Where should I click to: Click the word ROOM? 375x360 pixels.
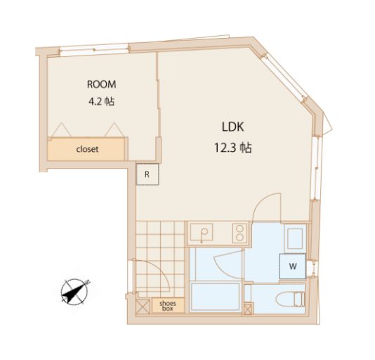pyautogui.click(x=101, y=84)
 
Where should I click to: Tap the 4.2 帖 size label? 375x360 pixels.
pyautogui.click(x=101, y=101)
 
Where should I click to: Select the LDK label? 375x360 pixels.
pyautogui.click(x=232, y=127)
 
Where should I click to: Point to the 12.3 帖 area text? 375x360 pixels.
pyautogui.click(x=232, y=148)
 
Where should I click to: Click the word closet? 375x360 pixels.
pyautogui.click(x=87, y=149)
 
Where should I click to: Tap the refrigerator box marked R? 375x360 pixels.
pyautogui.click(x=147, y=174)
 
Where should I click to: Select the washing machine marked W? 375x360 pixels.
pyautogui.click(x=293, y=266)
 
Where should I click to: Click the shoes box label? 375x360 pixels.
pyautogui.click(x=168, y=306)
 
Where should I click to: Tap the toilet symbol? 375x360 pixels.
pyautogui.click(x=290, y=300)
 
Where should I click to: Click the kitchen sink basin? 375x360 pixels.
pyautogui.click(x=202, y=232)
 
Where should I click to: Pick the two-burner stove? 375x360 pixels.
pyautogui.click(x=240, y=233)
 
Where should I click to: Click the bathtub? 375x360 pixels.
pyautogui.click(x=215, y=297)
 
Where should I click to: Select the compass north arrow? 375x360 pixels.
pyautogui.click(x=74, y=292)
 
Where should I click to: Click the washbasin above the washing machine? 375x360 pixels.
pyautogui.click(x=295, y=238)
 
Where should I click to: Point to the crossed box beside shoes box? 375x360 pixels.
pyautogui.click(x=143, y=307)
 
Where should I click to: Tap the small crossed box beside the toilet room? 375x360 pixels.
pyautogui.click(x=248, y=309)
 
